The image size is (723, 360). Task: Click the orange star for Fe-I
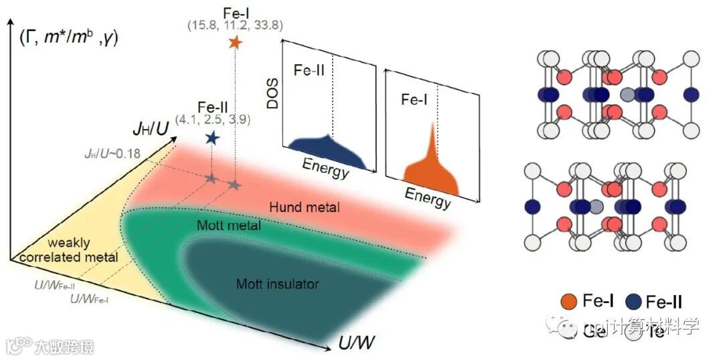coord(234,43)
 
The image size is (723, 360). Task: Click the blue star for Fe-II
coord(212,138)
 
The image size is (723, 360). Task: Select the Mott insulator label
coord(277,284)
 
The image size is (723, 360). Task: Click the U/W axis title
coord(355,343)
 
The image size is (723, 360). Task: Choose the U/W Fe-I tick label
coord(90,298)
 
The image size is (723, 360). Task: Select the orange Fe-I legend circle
coord(569,302)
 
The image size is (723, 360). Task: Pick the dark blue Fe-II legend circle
coord(633,302)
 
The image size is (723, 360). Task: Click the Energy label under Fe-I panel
coord(428,198)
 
